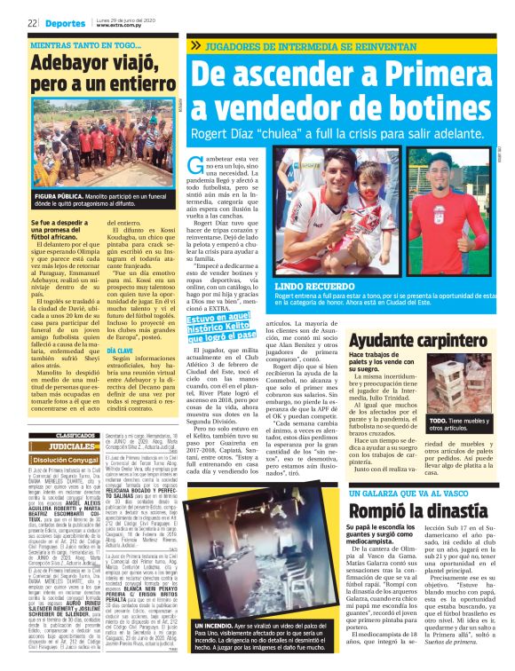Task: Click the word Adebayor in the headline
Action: pyautogui.click(x=72, y=64)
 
